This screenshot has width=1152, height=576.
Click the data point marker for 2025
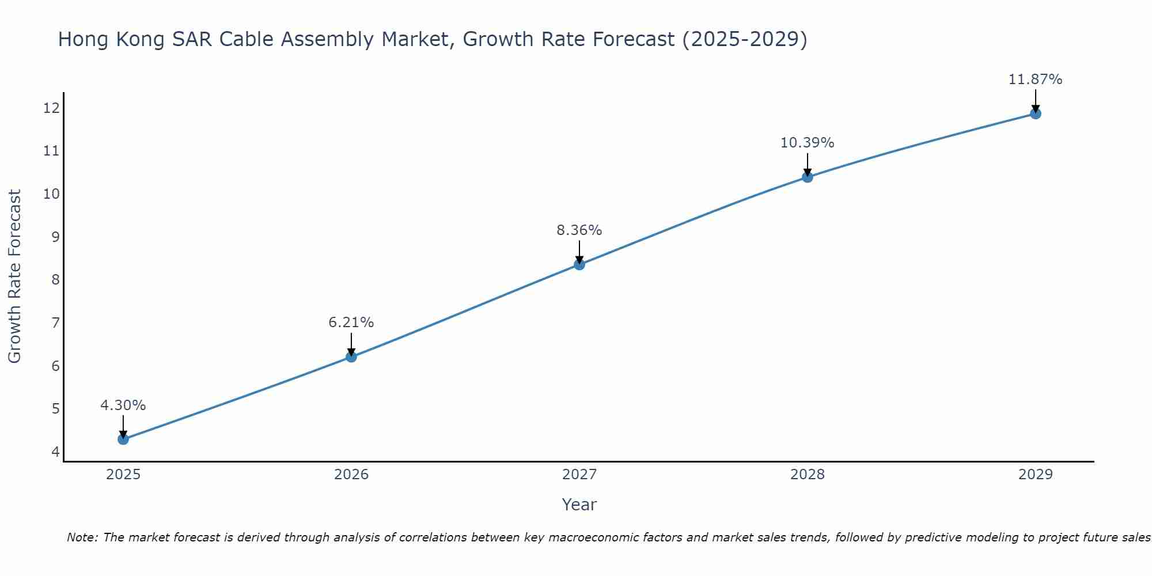point(123,439)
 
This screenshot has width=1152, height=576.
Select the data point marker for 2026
point(351,357)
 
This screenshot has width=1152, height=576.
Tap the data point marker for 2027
point(579,264)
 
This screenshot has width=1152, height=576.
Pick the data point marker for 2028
point(808,177)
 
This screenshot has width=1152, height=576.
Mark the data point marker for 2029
point(1036,113)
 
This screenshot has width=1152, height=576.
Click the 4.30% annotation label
point(123,406)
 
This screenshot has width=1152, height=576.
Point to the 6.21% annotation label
point(351,323)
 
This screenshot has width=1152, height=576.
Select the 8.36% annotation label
point(579,230)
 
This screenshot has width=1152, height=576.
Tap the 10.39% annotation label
point(808,143)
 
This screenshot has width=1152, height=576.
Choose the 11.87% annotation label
point(1036,79)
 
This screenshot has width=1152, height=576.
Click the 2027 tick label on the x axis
point(579,475)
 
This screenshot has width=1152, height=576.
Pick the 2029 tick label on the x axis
point(1036,475)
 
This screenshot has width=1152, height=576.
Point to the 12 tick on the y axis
point(51,108)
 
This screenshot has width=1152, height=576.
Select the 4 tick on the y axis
point(55,452)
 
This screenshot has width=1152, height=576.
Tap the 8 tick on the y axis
point(55,280)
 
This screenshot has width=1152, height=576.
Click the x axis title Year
point(579,505)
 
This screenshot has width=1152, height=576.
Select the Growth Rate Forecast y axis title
point(14,276)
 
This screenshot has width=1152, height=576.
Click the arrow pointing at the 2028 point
point(808,165)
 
